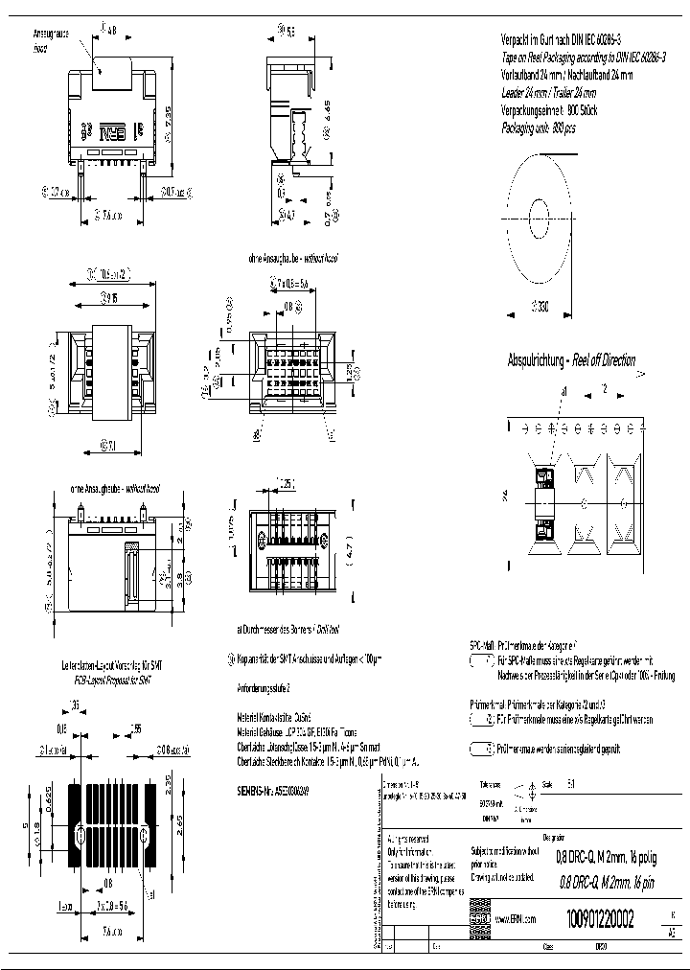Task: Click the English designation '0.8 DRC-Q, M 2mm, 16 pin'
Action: [607, 883]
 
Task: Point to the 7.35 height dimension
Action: [169, 121]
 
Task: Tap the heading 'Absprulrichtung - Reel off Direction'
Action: [571, 360]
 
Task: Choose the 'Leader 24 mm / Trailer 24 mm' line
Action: [549, 93]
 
